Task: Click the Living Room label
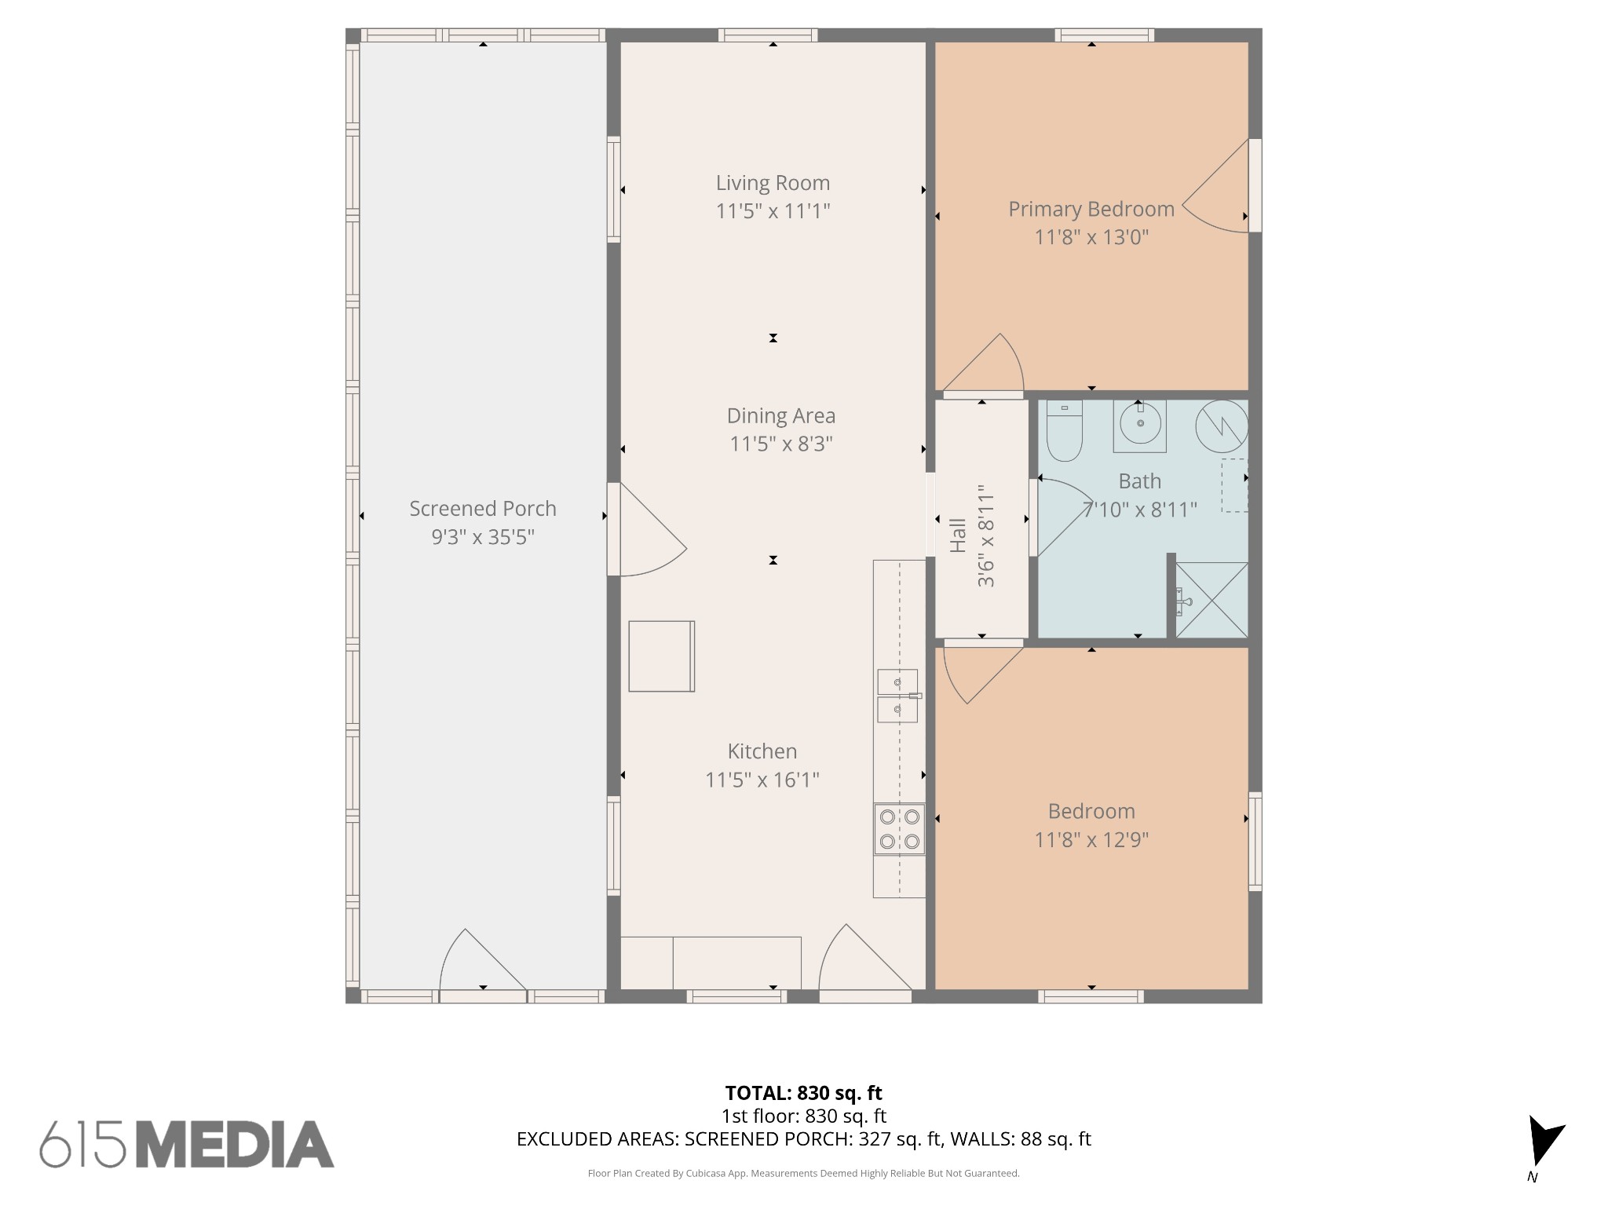773,183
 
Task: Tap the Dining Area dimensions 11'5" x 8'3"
781,444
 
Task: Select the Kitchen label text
762,751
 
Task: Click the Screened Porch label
483,509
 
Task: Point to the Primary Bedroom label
1091,209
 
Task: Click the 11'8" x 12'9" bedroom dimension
1091,840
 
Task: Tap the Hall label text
958,535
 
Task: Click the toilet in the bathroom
1065,430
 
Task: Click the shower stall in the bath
1211,600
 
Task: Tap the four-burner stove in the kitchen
900,829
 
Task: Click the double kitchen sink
897,696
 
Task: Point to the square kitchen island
662,656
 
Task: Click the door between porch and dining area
647,529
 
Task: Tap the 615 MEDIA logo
187,1144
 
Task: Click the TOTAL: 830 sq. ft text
803,1093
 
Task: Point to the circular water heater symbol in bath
1222,426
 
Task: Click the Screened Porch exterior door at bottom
483,962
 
